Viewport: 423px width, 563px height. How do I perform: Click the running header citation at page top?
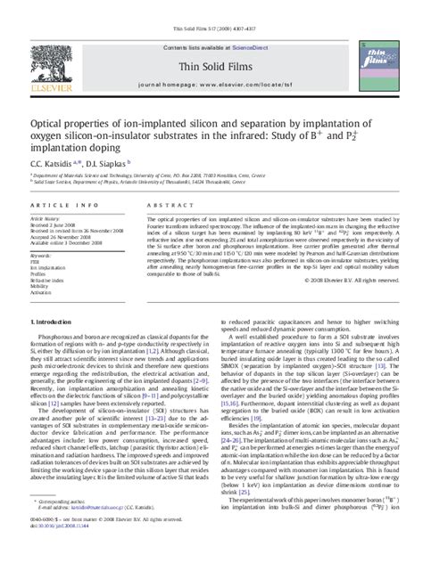[211, 7]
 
